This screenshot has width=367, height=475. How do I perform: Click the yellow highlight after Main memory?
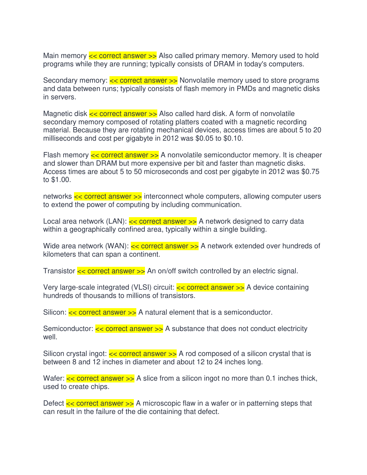tap(123, 56)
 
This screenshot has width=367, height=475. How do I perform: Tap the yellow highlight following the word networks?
tap(108, 196)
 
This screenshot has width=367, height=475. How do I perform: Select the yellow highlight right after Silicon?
tap(102, 312)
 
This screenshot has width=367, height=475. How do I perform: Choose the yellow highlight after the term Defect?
tap(100, 403)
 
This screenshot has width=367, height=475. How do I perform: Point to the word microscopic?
tap(161, 403)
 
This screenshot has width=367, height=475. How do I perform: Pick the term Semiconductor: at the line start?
tap(68, 329)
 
